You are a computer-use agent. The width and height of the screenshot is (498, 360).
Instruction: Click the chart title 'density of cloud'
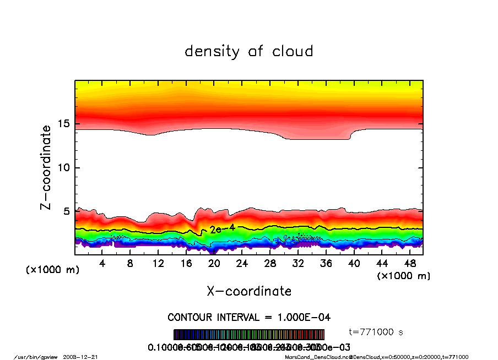click(249, 52)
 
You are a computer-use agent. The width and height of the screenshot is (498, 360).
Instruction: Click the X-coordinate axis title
click(249, 291)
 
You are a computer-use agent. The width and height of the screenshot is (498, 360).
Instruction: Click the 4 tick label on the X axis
click(102, 264)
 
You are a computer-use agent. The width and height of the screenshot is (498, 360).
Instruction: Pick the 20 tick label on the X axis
click(214, 264)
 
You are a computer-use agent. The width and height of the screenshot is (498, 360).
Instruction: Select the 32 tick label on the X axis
click(297, 264)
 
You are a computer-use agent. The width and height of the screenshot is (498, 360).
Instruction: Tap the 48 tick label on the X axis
click(409, 264)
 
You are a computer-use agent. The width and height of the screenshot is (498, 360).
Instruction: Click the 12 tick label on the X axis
click(158, 264)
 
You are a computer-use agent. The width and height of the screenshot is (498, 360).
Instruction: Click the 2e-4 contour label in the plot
click(223, 228)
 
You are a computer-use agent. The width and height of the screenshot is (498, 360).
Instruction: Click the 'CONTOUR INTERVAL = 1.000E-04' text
click(249, 318)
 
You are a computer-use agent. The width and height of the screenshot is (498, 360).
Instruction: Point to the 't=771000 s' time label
click(377, 332)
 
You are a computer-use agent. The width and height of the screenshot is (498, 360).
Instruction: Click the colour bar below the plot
click(249, 335)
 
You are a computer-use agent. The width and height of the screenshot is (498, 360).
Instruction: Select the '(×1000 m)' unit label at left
click(53, 270)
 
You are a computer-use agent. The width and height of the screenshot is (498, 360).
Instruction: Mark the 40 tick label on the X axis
click(354, 264)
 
